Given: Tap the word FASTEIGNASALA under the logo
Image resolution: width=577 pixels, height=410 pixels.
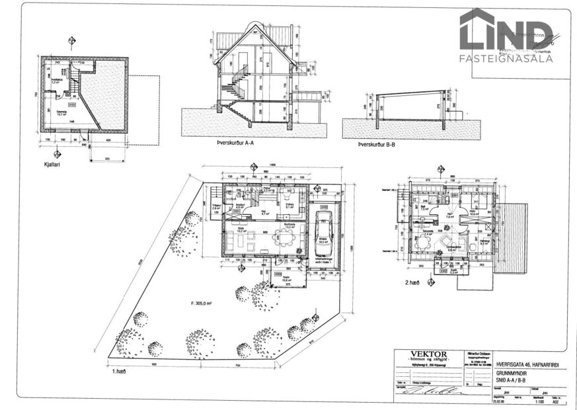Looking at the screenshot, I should tap(506, 58).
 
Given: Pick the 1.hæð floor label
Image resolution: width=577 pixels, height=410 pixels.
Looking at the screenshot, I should tap(120, 372).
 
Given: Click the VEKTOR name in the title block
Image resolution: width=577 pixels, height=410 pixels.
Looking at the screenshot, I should tap(428, 355).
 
